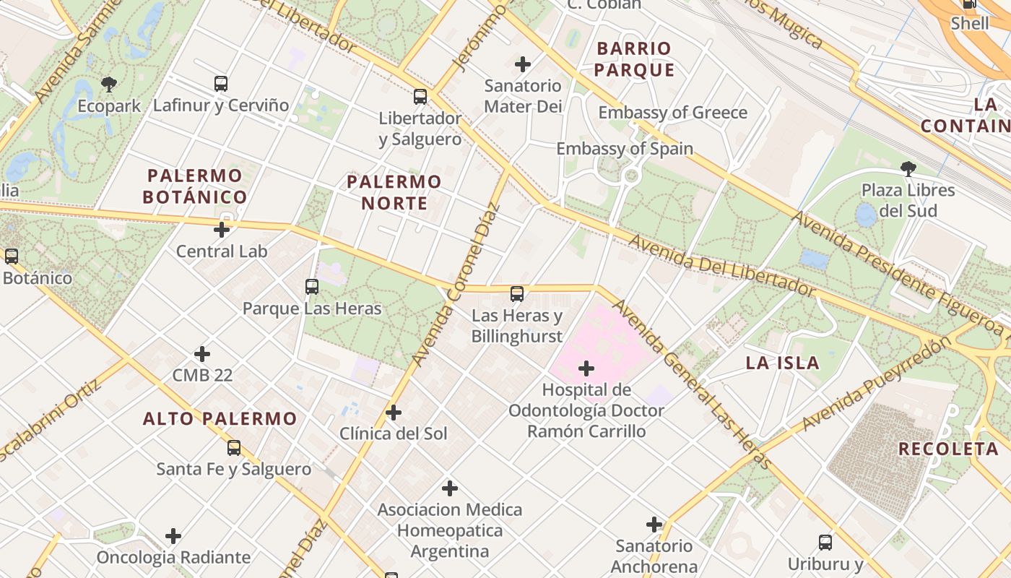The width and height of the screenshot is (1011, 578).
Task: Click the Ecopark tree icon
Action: (x=109, y=85)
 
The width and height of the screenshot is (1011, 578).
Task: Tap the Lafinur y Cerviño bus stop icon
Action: (x=221, y=84)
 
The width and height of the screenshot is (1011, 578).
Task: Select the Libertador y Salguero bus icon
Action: (x=420, y=96)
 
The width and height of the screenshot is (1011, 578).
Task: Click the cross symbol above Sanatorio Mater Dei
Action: (x=523, y=64)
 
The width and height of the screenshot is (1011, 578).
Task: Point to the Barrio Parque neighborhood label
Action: (x=635, y=59)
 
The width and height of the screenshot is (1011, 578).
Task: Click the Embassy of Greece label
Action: (x=672, y=113)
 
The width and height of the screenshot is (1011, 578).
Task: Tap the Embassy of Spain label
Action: (x=625, y=149)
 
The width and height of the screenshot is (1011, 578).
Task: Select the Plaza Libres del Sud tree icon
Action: (x=908, y=169)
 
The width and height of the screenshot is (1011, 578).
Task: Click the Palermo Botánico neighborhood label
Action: (x=195, y=186)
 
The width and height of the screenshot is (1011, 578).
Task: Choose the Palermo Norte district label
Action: (x=394, y=192)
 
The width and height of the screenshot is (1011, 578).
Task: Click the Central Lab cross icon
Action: (x=222, y=230)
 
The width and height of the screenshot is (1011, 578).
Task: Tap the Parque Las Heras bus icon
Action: (x=312, y=287)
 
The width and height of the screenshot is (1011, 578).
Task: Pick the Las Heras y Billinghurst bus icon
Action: (x=517, y=294)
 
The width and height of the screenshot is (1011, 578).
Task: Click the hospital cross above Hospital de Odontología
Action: (x=586, y=369)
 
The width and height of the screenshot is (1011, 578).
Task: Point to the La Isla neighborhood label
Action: (x=783, y=363)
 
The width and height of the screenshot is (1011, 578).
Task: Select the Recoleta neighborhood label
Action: (x=948, y=449)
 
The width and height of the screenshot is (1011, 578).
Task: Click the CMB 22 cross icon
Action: (x=202, y=354)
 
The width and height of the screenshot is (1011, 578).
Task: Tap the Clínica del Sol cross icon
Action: (x=394, y=413)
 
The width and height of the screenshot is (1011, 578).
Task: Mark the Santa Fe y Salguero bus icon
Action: (x=234, y=448)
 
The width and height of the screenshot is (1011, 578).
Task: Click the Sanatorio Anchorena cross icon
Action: (x=654, y=525)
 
